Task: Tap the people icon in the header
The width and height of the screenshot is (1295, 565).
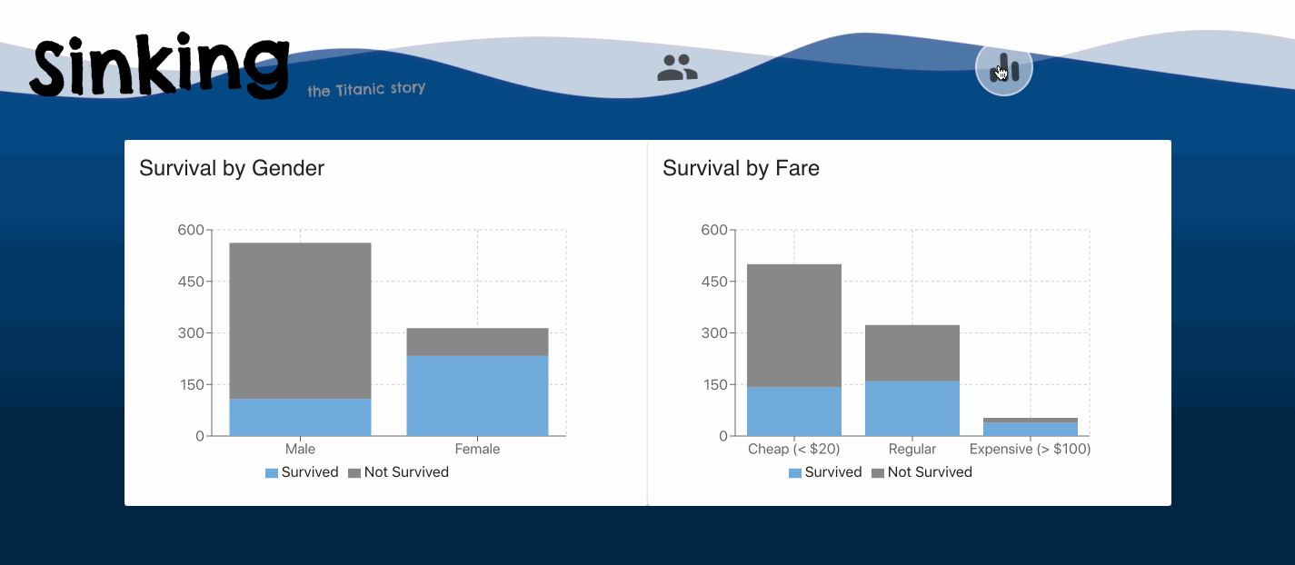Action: tap(677, 68)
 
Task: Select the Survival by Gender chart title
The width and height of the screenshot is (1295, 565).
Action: tap(232, 168)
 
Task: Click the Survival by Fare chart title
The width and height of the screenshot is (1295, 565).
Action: tap(741, 168)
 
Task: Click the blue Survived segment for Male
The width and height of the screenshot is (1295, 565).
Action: tap(300, 417)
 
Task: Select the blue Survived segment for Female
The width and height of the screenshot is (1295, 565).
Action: tap(477, 395)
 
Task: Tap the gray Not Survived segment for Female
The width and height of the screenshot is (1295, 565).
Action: tap(477, 342)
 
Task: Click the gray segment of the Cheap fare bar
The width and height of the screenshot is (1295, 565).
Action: tap(793, 325)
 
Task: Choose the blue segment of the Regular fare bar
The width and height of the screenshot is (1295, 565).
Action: tap(911, 408)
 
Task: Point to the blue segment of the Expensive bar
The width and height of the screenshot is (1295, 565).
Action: tap(1030, 429)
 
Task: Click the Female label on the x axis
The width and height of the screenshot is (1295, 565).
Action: tap(477, 449)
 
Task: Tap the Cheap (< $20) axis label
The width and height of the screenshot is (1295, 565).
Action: tap(793, 449)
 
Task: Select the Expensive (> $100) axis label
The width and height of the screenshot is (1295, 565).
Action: tap(1030, 449)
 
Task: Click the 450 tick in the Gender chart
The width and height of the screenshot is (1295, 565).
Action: tap(191, 282)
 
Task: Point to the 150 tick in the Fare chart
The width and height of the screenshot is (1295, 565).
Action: tap(714, 384)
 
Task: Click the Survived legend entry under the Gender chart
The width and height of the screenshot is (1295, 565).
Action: tap(302, 472)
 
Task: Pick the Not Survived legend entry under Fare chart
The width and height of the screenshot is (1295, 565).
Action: tap(921, 472)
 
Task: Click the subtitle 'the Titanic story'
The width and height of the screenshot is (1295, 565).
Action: tap(366, 90)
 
